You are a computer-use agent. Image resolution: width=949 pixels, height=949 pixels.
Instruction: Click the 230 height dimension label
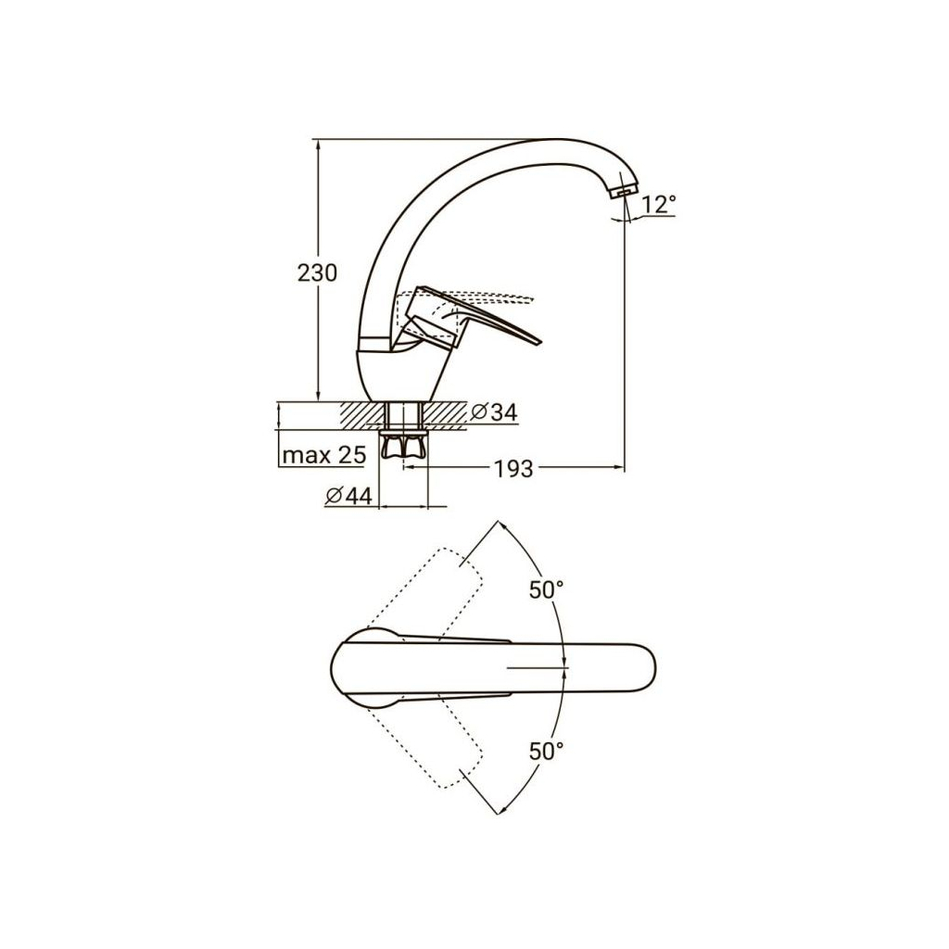[x=317, y=273]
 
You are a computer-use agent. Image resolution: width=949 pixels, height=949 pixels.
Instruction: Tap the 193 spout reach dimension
[x=513, y=468]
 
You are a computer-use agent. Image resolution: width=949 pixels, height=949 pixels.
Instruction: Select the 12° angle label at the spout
[x=658, y=205]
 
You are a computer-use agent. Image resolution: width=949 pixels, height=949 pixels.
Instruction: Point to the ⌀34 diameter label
[x=494, y=412]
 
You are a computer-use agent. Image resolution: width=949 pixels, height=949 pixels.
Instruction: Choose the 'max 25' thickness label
[x=324, y=454]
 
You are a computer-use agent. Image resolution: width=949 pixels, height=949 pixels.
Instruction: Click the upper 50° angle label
[x=546, y=589]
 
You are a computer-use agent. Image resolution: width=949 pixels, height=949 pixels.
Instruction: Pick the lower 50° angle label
[x=546, y=751]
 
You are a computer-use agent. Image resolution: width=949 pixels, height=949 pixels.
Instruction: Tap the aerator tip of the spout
[x=622, y=192]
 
